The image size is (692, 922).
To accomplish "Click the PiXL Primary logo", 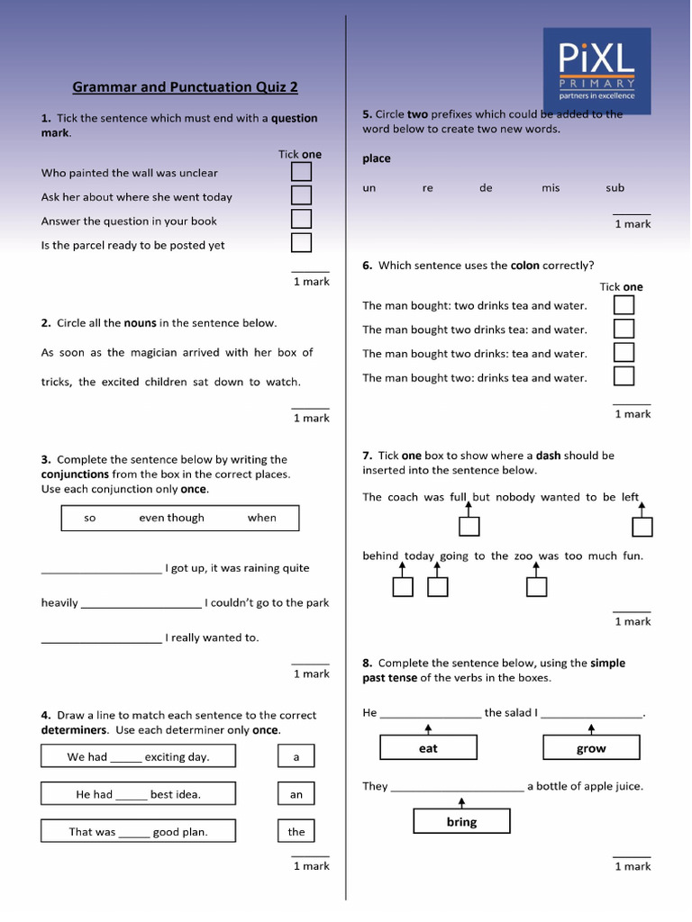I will pos(596,70).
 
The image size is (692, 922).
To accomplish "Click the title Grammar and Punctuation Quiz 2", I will pos(185,87).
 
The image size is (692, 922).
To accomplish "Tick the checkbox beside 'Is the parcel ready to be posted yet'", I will pos(301,243).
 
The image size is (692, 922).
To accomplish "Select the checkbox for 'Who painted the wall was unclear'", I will pos(301,172).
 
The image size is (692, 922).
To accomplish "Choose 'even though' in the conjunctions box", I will pos(171,518).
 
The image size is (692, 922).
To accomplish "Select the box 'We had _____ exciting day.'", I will pos(138,756).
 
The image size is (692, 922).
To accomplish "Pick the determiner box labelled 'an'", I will pos(296,794).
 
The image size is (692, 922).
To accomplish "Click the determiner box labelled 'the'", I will pos(296,831).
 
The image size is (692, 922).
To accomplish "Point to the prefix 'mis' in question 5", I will pos(551,188).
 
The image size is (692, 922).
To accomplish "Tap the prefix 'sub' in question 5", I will pos(615,188).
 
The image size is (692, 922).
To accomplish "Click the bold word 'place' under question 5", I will pos(377,158).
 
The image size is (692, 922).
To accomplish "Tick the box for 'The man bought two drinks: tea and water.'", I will pos(624,352).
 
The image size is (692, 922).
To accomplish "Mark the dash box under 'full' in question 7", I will pos(469,526).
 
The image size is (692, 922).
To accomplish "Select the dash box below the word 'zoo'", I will pos(536,587).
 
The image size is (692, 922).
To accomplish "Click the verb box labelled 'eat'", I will pos(428,748).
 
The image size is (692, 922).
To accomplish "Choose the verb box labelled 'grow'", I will pos(591,748).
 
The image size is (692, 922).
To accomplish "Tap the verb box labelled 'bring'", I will pos(461,821).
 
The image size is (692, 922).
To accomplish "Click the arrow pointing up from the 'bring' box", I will pos(461,801).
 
